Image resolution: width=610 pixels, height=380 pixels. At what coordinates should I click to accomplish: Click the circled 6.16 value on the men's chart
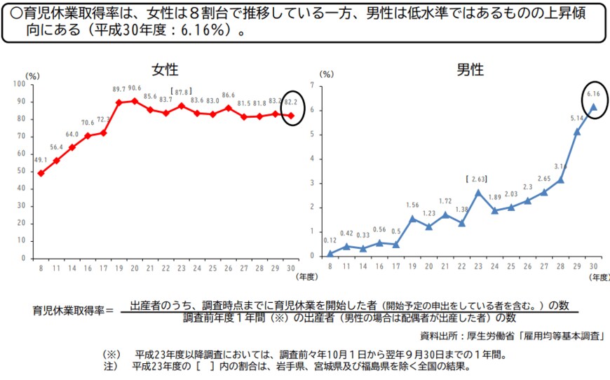(x=592, y=93)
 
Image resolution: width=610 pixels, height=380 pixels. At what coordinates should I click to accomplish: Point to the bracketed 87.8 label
(x=182, y=92)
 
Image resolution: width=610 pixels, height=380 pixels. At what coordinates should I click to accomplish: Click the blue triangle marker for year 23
(x=478, y=192)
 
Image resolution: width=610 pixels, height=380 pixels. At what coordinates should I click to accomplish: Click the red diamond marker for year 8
(x=41, y=173)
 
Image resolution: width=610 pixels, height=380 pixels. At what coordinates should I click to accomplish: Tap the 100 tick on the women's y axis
(x=19, y=84)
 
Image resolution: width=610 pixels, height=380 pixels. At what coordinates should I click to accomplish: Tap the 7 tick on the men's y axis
(x=320, y=84)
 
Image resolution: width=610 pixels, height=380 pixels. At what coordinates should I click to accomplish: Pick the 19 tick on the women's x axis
(x=119, y=267)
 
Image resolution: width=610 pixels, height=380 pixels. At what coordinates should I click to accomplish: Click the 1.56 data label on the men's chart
(x=413, y=205)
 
